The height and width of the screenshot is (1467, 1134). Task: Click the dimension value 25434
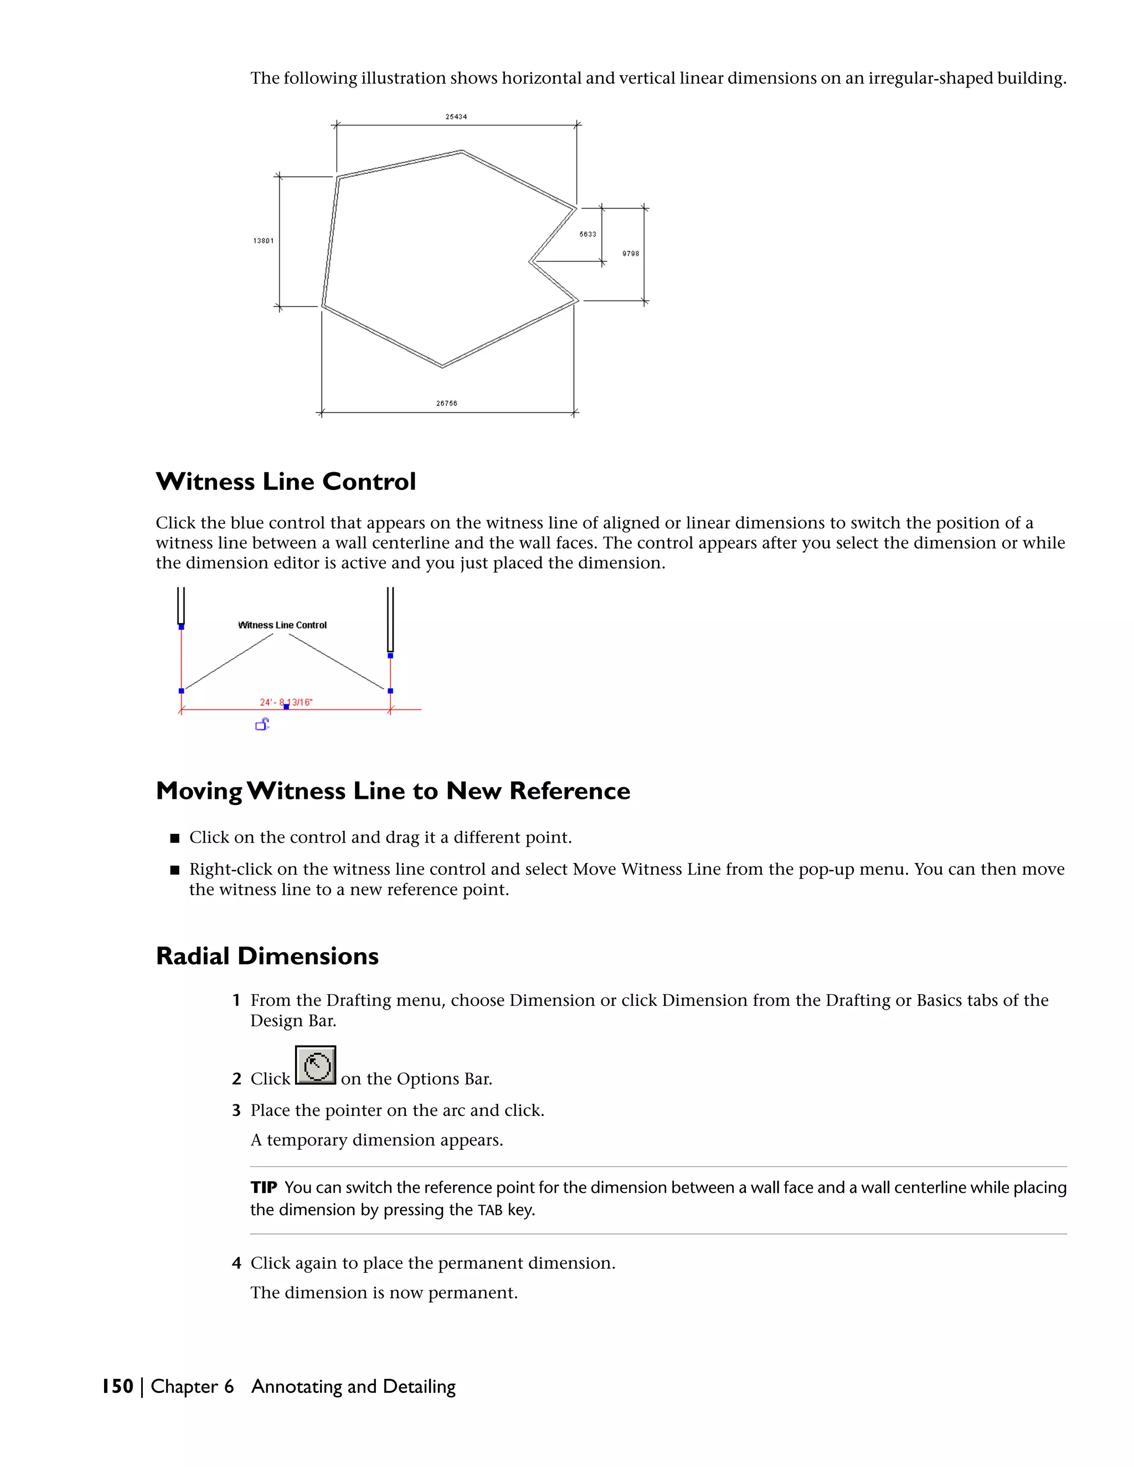click(456, 117)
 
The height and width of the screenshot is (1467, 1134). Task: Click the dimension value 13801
click(264, 240)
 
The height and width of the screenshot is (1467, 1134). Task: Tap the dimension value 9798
click(630, 254)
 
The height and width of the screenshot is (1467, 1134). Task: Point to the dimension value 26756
click(446, 404)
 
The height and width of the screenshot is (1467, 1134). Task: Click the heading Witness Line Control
click(286, 482)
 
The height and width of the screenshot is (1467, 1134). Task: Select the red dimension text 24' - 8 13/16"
click(286, 702)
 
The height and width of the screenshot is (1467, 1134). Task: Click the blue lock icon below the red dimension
click(262, 724)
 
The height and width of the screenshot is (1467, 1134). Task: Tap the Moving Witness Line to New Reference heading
click(393, 791)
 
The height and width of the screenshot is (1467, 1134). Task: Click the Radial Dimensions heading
click(267, 957)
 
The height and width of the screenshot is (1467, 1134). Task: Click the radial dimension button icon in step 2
click(316, 1065)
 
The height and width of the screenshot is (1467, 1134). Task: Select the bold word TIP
click(264, 1187)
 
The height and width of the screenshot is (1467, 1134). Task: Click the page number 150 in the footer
click(117, 1386)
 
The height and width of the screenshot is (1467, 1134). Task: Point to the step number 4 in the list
click(236, 1263)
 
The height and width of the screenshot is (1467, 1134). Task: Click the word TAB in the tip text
click(489, 1210)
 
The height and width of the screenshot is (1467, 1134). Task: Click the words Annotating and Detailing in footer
click(353, 1386)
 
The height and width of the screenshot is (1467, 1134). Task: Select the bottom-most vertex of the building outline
click(442, 366)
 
